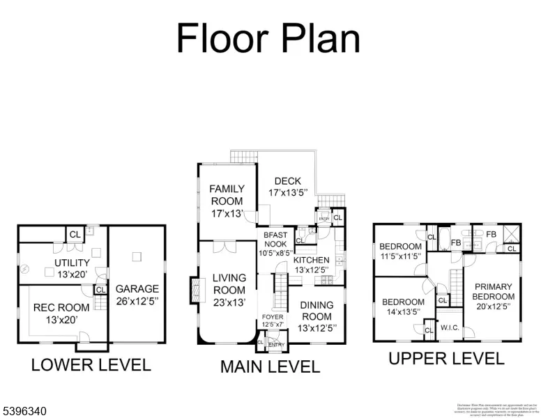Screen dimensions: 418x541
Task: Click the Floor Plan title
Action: [268, 38]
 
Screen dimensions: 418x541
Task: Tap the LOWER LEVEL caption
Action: [91, 364]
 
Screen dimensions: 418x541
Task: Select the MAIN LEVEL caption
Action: [270, 366]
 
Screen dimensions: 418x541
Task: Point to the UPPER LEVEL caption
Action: [446, 359]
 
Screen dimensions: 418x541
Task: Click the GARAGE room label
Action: [137, 288]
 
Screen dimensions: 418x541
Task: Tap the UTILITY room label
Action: [73, 263]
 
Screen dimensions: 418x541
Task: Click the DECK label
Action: [287, 181]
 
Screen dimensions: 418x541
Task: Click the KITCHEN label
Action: [311, 260]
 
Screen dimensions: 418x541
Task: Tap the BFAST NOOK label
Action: [275, 235]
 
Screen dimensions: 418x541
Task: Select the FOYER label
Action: [273, 317]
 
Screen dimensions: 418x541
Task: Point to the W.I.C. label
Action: [448, 327]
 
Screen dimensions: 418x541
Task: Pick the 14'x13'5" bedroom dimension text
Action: [403, 311]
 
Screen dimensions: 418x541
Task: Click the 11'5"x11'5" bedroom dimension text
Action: [400, 256]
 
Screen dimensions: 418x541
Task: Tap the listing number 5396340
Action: [24, 412]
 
